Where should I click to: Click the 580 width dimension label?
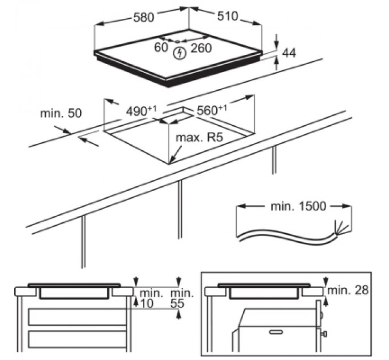pyautogui.click(x=143, y=18)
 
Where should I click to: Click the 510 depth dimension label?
pyautogui.click(x=227, y=16)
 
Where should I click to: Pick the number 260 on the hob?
pyautogui.click(x=201, y=49)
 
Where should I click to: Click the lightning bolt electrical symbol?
pyautogui.click(x=180, y=53)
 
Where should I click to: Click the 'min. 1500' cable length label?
pyautogui.click(x=297, y=206)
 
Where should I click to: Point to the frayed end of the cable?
pyautogui.click(x=342, y=229)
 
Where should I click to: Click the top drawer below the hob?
pyautogui.click(x=77, y=316)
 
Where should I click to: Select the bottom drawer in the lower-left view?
pyautogui.click(x=77, y=340)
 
